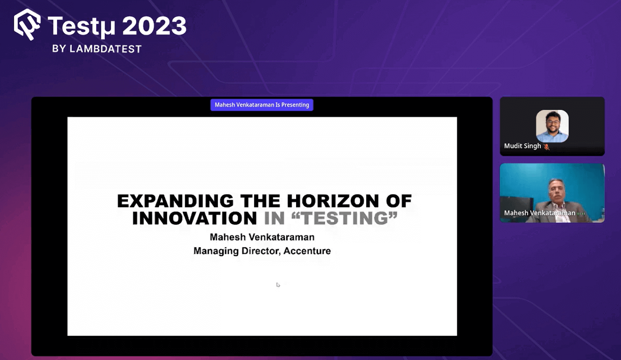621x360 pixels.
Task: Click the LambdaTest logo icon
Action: click(x=27, y=24)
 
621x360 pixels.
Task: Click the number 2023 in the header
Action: click(x=154, y=26)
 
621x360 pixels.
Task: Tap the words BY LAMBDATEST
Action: click(x=97, y=49)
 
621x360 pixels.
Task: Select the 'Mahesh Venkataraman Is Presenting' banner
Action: click(x=262, y=105)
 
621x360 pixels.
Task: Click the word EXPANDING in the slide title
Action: click(x=175, y=201)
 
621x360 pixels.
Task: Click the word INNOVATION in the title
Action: click(x=194, y=218)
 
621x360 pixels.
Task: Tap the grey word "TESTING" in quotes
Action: click(x=344, y=218)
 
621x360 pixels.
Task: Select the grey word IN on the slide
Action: click(x=274, y=218)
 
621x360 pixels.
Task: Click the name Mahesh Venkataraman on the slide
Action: click(x=262, y=237)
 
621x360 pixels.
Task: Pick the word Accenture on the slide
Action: click(x=307, y=251)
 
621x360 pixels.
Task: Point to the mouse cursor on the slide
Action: click(x=278, y=285)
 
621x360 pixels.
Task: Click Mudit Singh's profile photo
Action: click(x=552, y=126)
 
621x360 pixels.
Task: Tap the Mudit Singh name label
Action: click(x=522, y=146)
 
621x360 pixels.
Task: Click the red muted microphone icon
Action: click(x=546, y=147)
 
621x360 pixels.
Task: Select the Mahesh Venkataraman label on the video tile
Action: click(x=539, y=213)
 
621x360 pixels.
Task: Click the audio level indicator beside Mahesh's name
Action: click(x=581, y=213)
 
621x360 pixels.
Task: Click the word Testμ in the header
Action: click(x=82, y=26)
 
